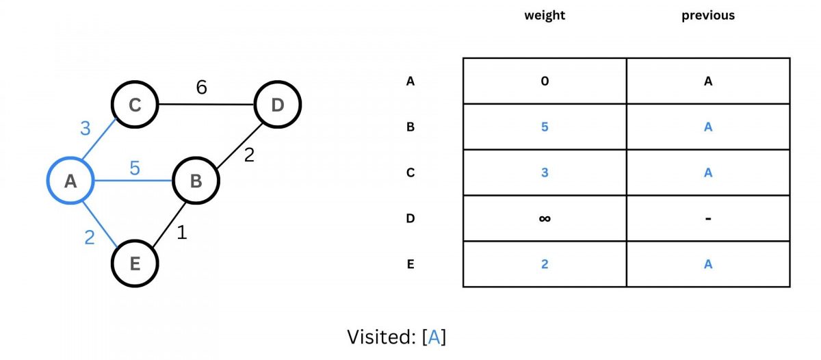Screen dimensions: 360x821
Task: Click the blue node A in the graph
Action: (70, 181)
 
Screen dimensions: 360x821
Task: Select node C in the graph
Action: (135, 105)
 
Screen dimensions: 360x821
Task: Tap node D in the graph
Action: (277, 105)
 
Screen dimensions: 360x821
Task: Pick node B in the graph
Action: (196, 181)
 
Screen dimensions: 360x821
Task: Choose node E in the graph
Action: (135, 263)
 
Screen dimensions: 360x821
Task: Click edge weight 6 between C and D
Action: (201, 88)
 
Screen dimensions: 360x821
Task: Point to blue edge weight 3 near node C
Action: (86, 128)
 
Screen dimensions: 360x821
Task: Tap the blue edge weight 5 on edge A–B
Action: (135, 168)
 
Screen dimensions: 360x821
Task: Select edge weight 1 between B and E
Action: (181, 233)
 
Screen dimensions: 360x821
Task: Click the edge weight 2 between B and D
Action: (249, 155)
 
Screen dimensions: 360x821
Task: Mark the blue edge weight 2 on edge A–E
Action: (90, 238)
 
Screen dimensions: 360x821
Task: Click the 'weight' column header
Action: (545, 15)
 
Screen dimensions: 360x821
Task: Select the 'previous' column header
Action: (708, 15)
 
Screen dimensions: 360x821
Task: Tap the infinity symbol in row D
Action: (545, 219)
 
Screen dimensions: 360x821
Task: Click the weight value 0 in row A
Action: (545, 81)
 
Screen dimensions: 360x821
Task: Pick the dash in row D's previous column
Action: (708, 219)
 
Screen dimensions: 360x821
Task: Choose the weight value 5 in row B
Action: (545, 127)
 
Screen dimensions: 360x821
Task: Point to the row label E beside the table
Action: (410, 264)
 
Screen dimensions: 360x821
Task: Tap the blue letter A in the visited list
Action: (434, 337)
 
